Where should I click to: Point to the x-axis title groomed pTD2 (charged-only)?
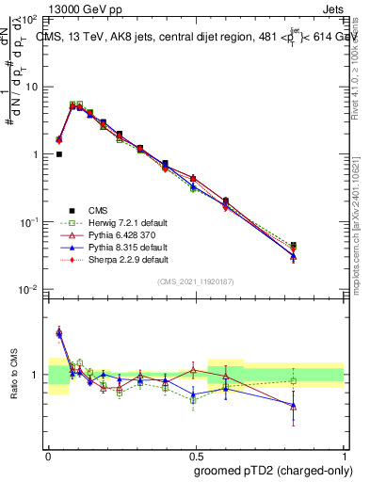point(273,470)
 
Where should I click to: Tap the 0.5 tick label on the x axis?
point(196,455)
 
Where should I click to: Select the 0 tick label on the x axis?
point(48,455)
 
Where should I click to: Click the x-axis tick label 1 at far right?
point(344,455)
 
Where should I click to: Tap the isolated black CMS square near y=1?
point(58,154)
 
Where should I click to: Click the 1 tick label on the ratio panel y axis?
point(36,375)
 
